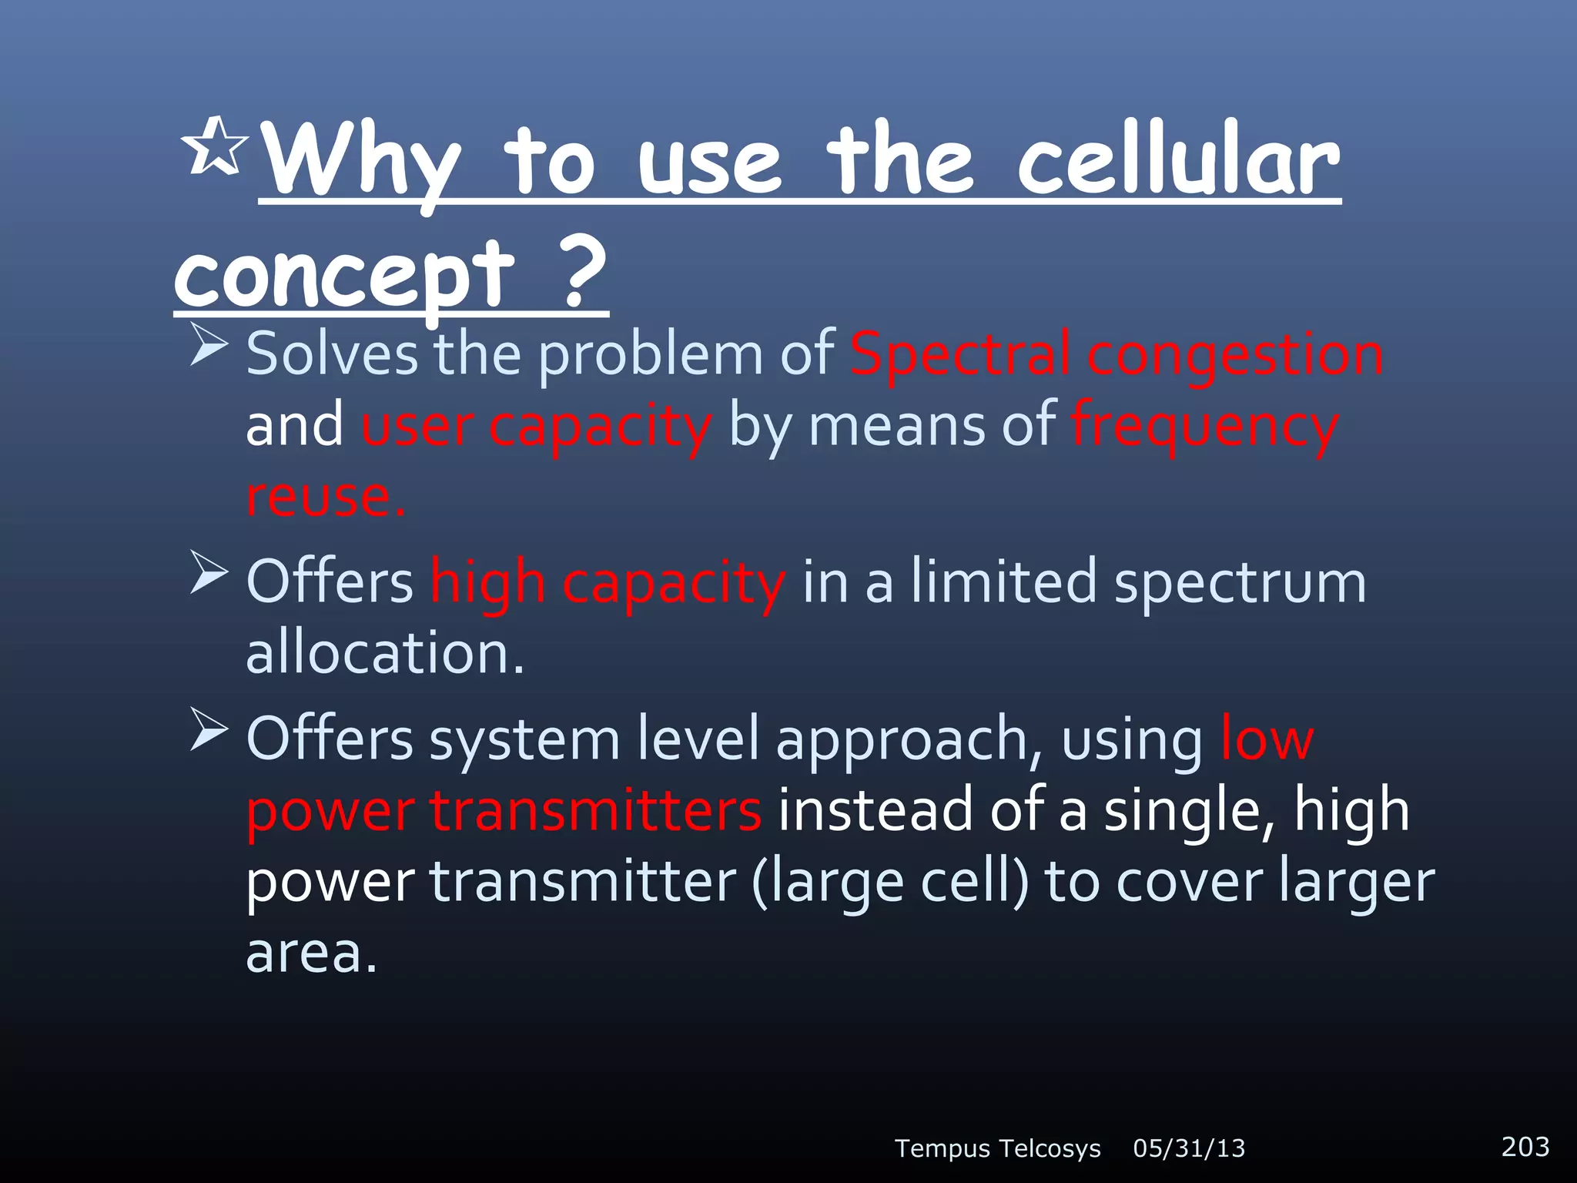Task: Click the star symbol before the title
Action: [x=215, y=146]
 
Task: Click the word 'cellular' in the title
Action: [x=1178, y=161]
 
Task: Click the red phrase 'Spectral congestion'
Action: [x=1116, y=354]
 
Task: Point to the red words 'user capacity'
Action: [x=536, y=426]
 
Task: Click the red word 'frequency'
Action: [x=1204, y=426]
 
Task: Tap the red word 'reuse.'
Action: [x=325, y=497]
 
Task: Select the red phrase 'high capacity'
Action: [x=608, y=582]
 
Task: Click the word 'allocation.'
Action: [x=384, y=653]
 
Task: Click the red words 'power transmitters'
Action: [x=504, y=810]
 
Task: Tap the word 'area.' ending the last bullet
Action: [x=311, y=953]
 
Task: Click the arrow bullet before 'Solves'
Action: [x=208, y=344]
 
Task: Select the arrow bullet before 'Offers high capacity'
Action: [x=208, y=573]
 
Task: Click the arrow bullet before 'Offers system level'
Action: [x=208, y=729]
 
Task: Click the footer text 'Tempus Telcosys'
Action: [x=997, y=1148]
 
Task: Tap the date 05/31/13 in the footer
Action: [x=1189, y=1148]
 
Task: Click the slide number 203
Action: [x=1525, y=1146]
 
